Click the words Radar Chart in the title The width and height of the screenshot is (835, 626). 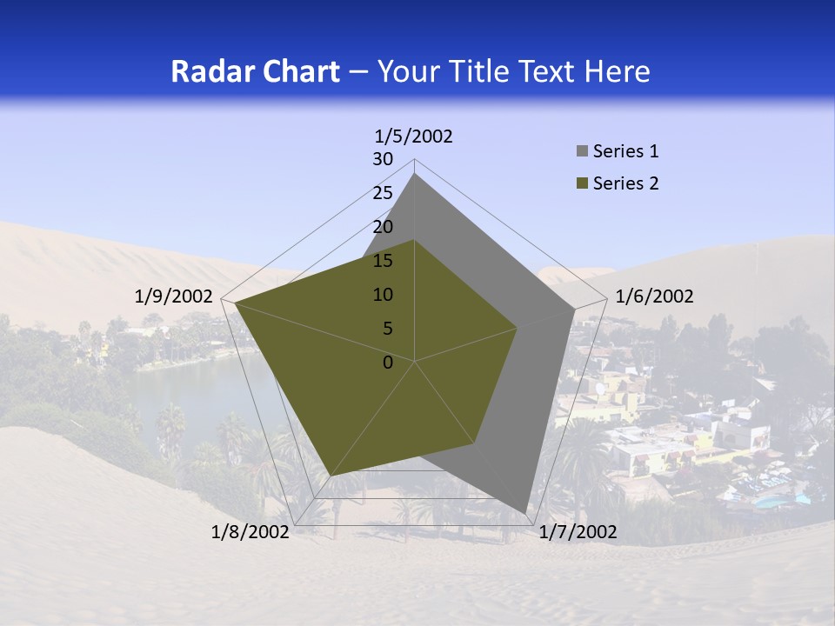(255, 71)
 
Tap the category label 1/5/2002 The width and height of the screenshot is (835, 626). (414, 136)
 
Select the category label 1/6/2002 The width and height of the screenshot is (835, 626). (654, 296)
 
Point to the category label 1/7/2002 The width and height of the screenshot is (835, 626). (578, 532)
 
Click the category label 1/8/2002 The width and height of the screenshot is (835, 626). (250, 532)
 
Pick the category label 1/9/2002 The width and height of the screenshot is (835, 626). (174, 296)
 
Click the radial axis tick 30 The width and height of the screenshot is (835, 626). (383, 159)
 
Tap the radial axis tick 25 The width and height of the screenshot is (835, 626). (383, 193)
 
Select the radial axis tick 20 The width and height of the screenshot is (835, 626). (383, 227)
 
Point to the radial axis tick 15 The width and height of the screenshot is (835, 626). (383, 261)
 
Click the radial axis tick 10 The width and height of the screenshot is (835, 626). (383, 295)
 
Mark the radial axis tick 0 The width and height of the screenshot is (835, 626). (388, 363)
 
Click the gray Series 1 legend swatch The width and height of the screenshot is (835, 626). (582, 152)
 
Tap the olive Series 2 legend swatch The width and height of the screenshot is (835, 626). (582, 183)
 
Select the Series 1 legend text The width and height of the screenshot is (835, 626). (625, 151)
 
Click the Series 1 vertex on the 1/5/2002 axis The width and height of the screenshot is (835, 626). (415, 173)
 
